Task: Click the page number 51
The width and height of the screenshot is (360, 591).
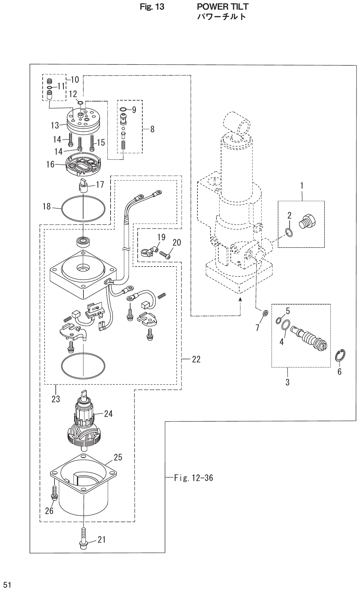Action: pos(7,585)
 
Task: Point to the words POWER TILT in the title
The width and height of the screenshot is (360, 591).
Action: pos(223,7)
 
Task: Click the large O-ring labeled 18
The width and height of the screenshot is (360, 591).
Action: pos(83,208)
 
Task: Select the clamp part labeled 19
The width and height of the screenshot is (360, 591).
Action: pos(146,251)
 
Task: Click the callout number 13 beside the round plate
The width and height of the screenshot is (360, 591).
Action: pos(55,125)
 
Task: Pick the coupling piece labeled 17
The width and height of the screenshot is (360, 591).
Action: pos(83,187)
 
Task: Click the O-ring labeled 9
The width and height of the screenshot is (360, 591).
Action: pos(123,109)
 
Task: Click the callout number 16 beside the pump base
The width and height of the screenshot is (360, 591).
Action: pos(50,164)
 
